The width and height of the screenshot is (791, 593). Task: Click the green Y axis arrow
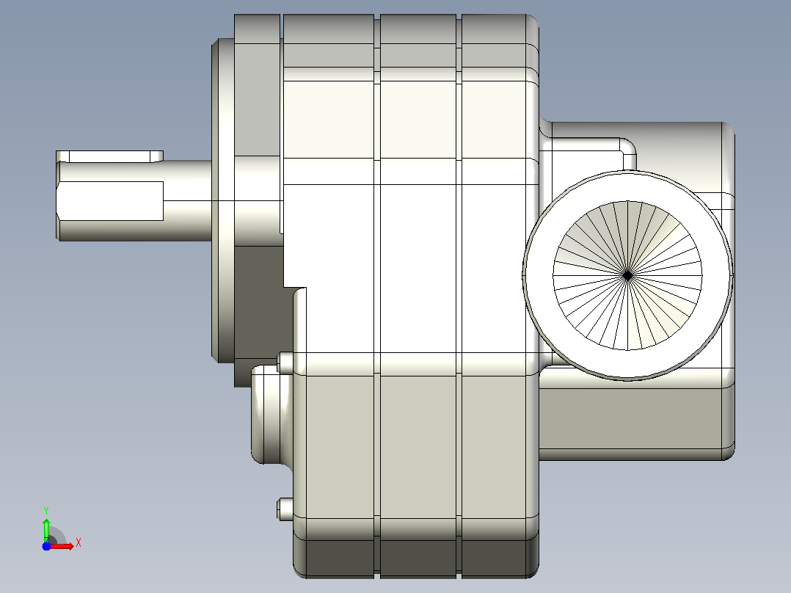point(46,530)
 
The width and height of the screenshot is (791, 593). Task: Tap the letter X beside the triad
point(79,543)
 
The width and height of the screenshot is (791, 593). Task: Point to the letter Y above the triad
point(46,510)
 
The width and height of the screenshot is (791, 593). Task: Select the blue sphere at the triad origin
point(46,546)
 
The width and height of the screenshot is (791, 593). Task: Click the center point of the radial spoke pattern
point(627,275)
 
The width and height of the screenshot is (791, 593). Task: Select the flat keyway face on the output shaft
point(111,201)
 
